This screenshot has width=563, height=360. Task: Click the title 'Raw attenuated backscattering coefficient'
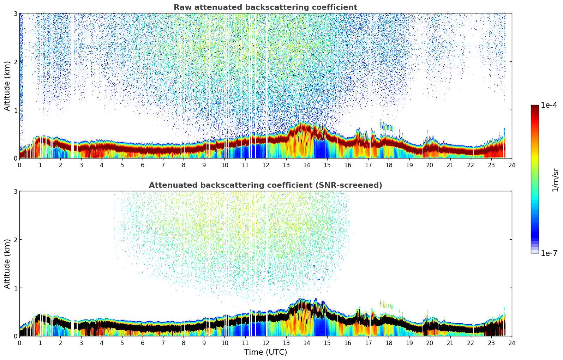pyautogui.click(x=265, y=7)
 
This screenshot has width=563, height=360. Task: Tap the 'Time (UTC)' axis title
pyautogui.click(x=265, y=352)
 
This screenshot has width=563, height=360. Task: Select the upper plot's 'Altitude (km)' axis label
pyautogui.click(x=7, y=85)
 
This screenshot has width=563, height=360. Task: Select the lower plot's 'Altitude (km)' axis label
pyautogui.click(x=7, y=263)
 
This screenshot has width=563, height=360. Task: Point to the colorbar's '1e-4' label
pyautogui.click(x=549, y=105)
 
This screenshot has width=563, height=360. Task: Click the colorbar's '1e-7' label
pyautogui.click(x=549, y=253)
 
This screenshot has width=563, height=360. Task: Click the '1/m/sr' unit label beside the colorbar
pyautogui.click(x=555, y=179)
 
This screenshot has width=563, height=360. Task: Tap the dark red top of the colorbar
pyautogui.click(x=535, y=107)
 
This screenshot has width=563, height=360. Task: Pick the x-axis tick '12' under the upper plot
pyautogui.click(x=265, y=165)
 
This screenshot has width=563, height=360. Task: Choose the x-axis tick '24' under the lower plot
pyautogui.click(x=512, y=343)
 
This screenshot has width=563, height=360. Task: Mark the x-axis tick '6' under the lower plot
pyautogui.click(x=143, y=343)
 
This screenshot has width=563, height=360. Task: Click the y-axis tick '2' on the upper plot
pyautogui.click(x=15, y=62)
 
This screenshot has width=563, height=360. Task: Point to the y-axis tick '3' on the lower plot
pyautogui.click(x=15, y=191)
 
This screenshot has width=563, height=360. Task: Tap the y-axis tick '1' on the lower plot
pyautogui.click(x=15, y=288)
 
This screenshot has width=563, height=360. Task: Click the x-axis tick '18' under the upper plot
pyautogui.click(x=389, y=165)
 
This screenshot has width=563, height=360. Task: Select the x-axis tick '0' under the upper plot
pyautogui.click(x=19, y=165)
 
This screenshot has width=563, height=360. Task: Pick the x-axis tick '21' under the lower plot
pyautogui.click(x=450, y=343)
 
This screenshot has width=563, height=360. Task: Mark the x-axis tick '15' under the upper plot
pyautogui.click(x=327, y=165)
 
